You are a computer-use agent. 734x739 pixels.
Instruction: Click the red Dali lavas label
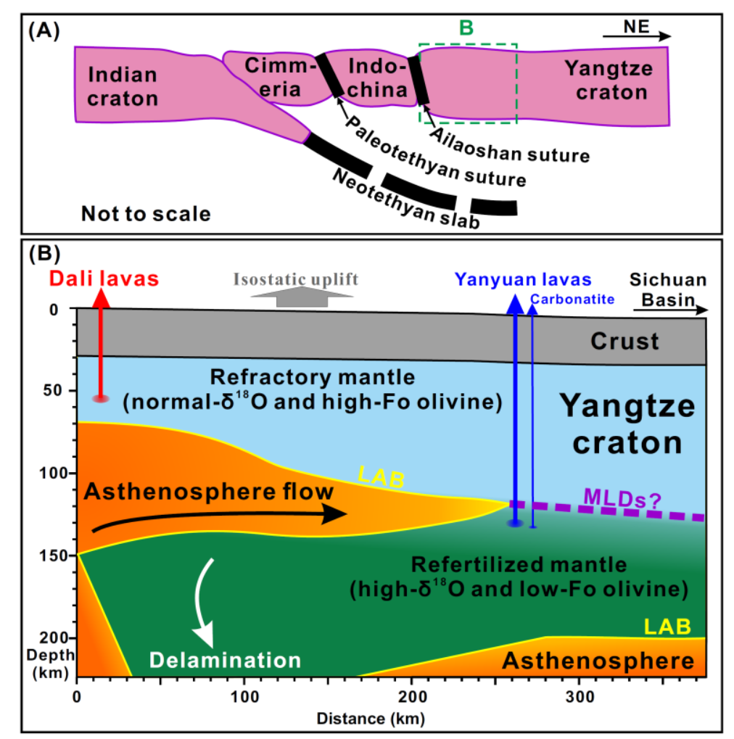(104, 279)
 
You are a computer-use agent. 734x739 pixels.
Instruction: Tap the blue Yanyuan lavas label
(523, 280)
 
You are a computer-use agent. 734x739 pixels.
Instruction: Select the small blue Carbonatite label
(572, 300)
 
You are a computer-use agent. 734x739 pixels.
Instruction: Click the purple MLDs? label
(622, 498)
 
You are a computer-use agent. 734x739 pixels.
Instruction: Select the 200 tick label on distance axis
(412, 697)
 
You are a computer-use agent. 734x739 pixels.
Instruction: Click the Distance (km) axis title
(371, 719)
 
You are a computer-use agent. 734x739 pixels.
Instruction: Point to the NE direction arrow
(637, 36)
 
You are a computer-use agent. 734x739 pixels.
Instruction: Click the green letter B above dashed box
(466, 28)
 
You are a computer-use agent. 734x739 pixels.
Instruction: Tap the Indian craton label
(123, 87)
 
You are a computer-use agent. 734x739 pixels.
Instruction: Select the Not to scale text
(146, 214)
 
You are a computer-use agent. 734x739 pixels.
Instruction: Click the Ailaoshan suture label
(509, 146)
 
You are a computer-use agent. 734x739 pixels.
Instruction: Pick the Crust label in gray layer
(624, 342)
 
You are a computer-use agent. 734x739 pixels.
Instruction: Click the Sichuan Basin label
(668, 289)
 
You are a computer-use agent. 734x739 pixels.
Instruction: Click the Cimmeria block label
(280, 78)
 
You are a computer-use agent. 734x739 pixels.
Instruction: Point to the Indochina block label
(377, 78)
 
